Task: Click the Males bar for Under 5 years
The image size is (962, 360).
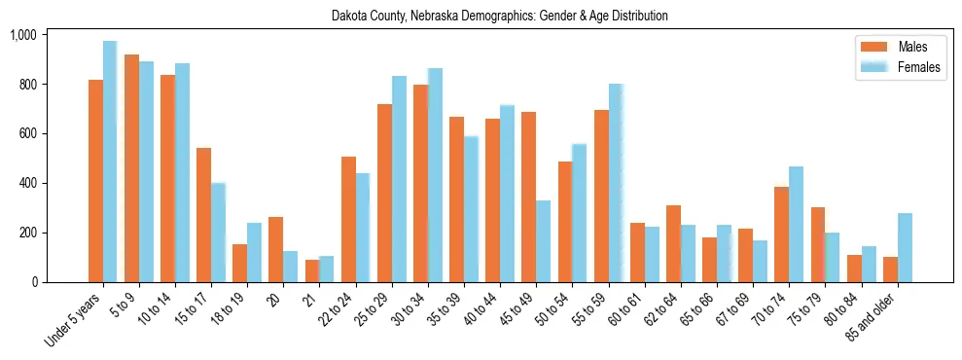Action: point(95,181)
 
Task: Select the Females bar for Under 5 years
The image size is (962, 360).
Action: point(110,162)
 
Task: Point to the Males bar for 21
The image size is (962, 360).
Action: point(312,270)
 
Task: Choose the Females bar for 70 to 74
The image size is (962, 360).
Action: point(796,225)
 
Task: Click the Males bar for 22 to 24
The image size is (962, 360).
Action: point(348,219)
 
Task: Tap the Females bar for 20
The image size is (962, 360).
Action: point(290,267)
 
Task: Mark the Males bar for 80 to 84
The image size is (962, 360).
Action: point(854,269)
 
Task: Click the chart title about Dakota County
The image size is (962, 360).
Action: point(499,17)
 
